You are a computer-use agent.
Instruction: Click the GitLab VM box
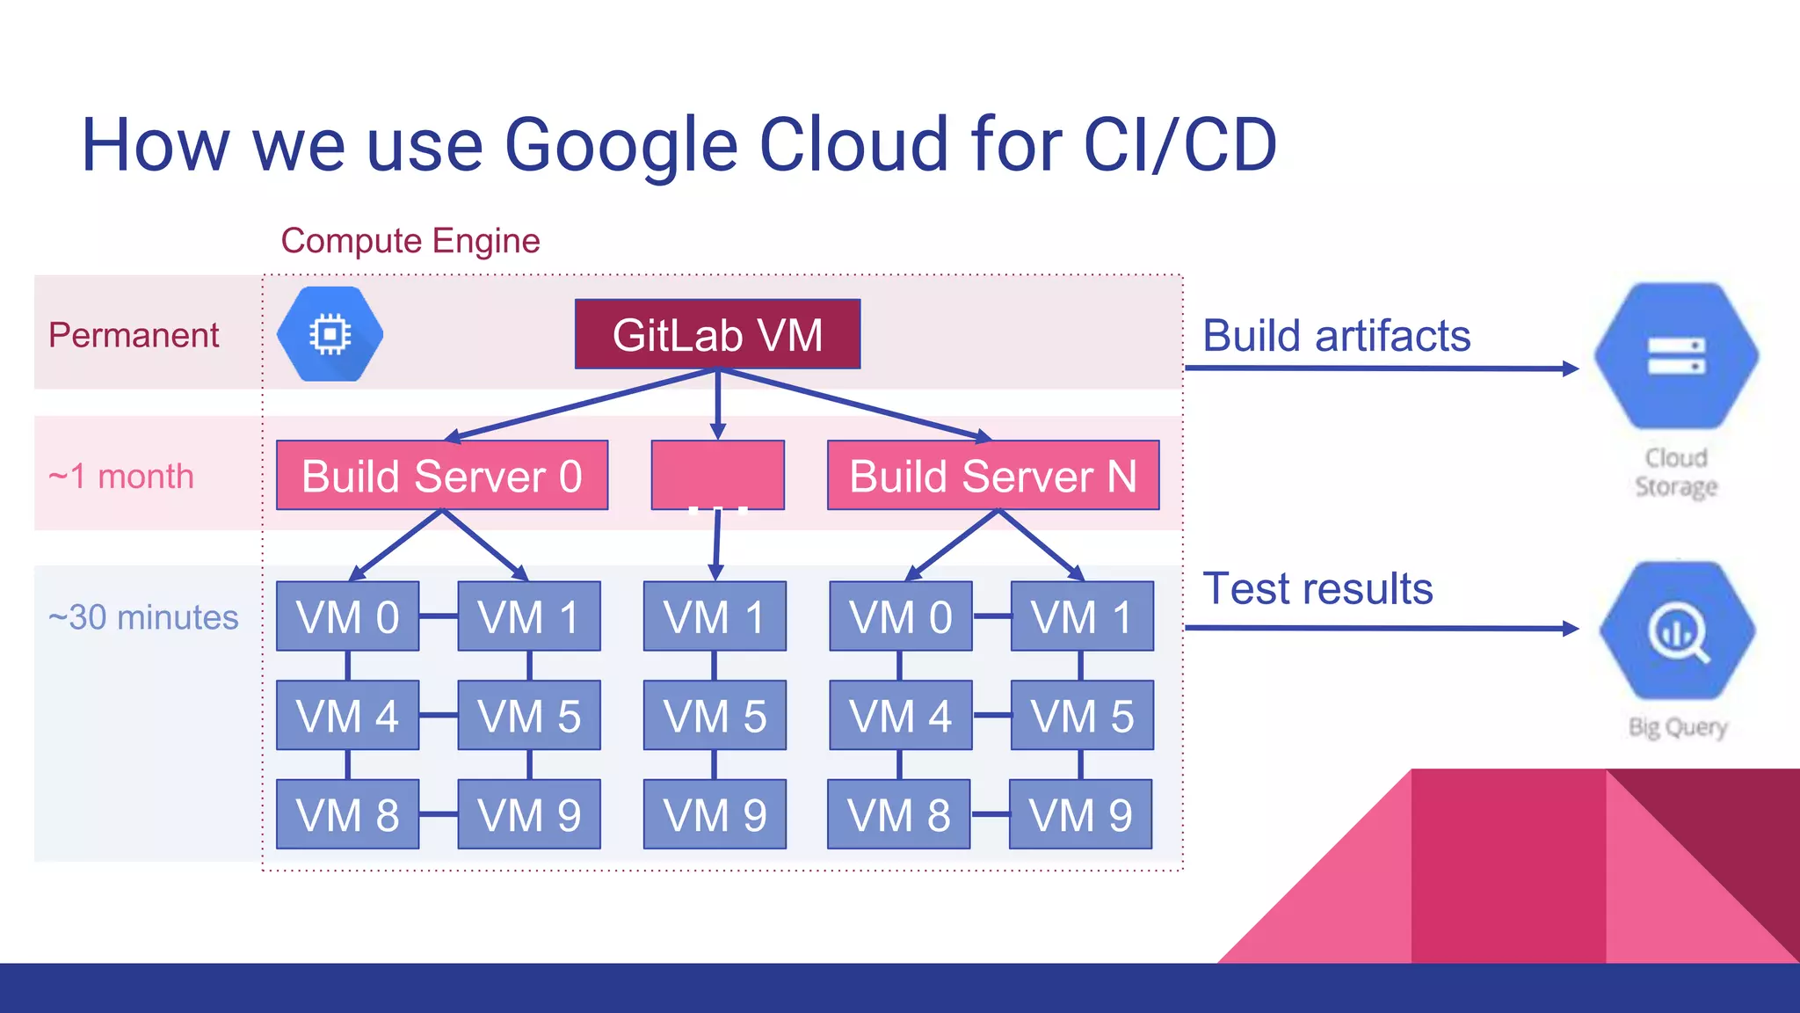pyautogui.click(x=717, y=334)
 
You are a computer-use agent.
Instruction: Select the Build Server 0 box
pyautogui.click(x=442, y=476)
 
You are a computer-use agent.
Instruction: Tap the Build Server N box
pyautogui.click(x=993, y=476)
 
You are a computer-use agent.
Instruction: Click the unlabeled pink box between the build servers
pyautogui.click(x=717, y=475)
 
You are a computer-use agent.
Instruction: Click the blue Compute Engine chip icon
pyautogui.click(x=330, y=334)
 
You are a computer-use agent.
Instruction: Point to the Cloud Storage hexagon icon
pyautogui.click(x=1676, y=355)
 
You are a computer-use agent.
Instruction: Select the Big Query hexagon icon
pyautogui.click(x=1677, y=630)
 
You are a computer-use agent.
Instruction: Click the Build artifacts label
pyautogui.click(x=1336, y=336)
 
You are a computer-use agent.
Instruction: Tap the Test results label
pyautogui.click(x=1317, y=588)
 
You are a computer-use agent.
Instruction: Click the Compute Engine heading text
pyautogui.click(x=410, y=241)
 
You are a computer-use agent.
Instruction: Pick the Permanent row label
pyautogui.click(x=134, y=335)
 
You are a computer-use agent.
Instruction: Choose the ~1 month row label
pyautogui.click(x=121, y=477)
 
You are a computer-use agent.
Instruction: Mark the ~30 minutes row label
pyautogui.click(x=143, y=617)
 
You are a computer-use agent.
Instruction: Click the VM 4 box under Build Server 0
pyautogui.click(x=347, y=715)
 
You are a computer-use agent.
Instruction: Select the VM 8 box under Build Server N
pyautogui.click(x=898, y=814)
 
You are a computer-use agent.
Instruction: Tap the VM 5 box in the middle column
pyautogui.click(x=715, y=715)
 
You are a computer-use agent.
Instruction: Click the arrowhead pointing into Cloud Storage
pyautogui.click(x=1571, y=368)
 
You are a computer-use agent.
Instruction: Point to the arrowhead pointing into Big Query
pyautogui.click(x=1571, y=628)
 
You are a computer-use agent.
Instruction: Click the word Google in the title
pyautogui.click(x=621, y=145)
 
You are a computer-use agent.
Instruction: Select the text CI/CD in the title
pyautogui.click(x=1179, y=145)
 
